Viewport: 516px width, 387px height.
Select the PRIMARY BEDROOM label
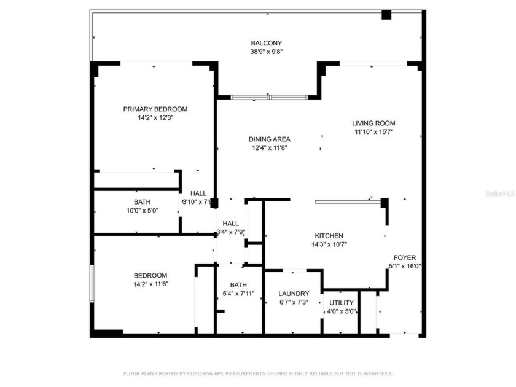pos(155,109)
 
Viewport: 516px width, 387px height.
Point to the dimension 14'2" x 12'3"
pos(155,117)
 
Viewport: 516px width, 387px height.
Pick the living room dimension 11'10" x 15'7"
pos(373,131)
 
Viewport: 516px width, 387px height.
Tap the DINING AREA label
pos(269,139)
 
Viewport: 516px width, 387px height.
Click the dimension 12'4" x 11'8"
pos(269,147)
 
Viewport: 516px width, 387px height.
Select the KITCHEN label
pos(329,236)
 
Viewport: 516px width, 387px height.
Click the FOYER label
pos(405,257)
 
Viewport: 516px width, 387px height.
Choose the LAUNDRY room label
pos(293,294)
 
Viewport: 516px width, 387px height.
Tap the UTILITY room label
pos(342,303)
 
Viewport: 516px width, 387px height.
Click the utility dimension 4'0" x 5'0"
pos(342,311)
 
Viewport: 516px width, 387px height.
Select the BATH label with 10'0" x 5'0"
pos(142,201)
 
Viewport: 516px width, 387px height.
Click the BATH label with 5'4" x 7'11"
pos(238,285)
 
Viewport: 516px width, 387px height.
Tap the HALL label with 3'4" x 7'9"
pos(230,223)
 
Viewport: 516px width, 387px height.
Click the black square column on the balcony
pos(386,15)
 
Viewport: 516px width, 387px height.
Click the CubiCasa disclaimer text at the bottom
pos(257,373)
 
